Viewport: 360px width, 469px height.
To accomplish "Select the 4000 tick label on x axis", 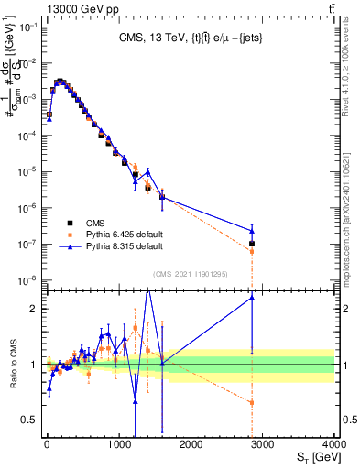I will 333,443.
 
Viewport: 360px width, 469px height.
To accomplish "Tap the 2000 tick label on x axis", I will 191,443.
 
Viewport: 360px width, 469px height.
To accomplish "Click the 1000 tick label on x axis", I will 118,443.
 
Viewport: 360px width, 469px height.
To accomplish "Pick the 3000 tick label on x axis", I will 262,443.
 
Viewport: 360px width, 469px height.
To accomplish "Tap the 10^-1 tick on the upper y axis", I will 27,27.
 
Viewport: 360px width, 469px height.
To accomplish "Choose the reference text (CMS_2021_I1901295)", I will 191,274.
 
